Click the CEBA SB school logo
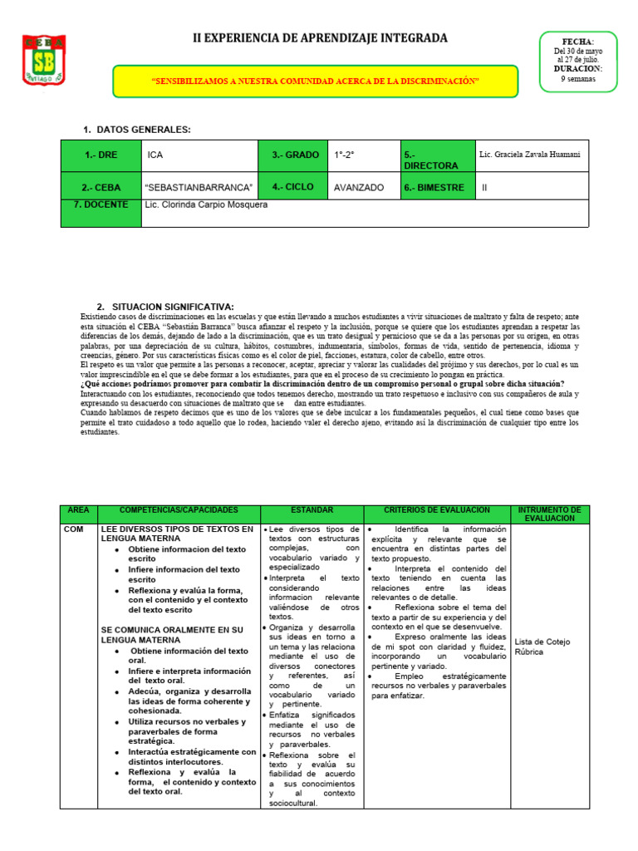(45, 60)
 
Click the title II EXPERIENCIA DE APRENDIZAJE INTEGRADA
(320, 38)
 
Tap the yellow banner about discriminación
(317, 81)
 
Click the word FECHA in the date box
(578, 42)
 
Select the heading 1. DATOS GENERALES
(137, 130)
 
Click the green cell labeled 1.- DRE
(101, 155)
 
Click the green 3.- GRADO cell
(295, 155)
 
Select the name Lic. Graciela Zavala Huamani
(530, 155)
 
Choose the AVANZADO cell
(359, 188)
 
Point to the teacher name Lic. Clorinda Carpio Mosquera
(206, 204)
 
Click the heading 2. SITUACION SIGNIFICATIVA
(165, 307)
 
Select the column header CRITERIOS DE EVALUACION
(437, 509)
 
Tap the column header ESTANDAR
(312, 509)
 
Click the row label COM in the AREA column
(73, 529)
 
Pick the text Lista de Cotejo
(541, 642)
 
